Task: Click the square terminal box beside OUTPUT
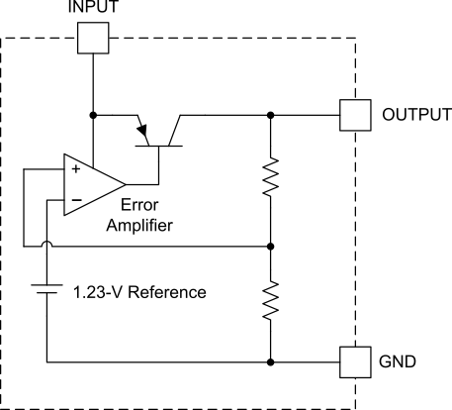click(354, 114)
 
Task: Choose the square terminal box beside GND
click(354, 359)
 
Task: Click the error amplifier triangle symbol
click(91, 184)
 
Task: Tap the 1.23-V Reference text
click(138, 292)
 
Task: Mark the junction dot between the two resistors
click(270, 245)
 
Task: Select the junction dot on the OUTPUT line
click(270, 114)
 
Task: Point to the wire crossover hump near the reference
click(46, 244)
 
